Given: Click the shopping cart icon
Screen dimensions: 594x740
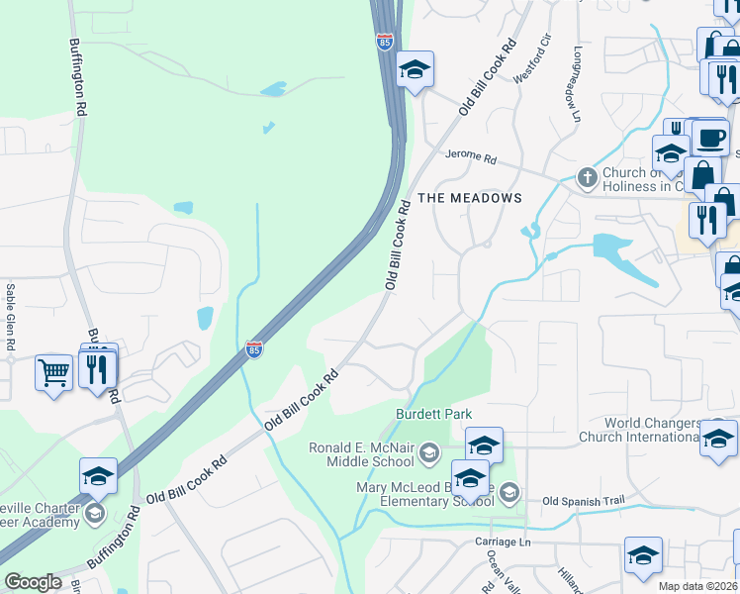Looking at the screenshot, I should coord(53,373).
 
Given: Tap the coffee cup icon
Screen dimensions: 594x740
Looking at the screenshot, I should coord(709,137).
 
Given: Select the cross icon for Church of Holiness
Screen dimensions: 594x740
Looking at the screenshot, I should coord(587,178).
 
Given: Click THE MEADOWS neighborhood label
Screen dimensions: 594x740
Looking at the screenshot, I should coord(469,198).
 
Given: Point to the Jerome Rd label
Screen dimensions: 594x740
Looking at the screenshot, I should coord(470,156).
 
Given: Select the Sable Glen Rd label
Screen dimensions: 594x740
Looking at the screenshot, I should coord(11,318).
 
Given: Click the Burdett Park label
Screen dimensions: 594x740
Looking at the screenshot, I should coord(433,414).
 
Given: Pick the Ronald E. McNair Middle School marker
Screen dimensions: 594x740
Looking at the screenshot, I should coord(429,454).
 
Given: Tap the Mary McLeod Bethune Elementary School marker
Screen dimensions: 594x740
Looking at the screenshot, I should coord(509,492).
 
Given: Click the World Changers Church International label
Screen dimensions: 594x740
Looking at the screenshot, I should coord(653,430).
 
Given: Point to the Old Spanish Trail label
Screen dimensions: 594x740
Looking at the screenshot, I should coord(585,502).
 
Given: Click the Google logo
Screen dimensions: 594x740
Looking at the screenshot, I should coord(33,582).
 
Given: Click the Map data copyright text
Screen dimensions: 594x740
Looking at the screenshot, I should coord(697,586).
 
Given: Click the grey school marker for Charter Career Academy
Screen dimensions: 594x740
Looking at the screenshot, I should coord(94,513).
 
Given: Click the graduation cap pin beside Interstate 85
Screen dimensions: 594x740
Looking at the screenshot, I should coord(416,69).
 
